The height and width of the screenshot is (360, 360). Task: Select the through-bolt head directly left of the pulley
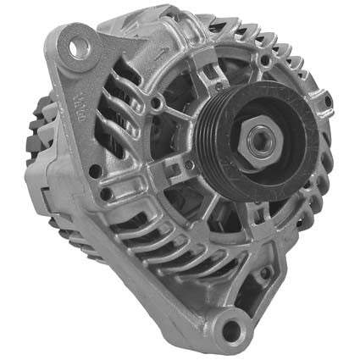point(156,104)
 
